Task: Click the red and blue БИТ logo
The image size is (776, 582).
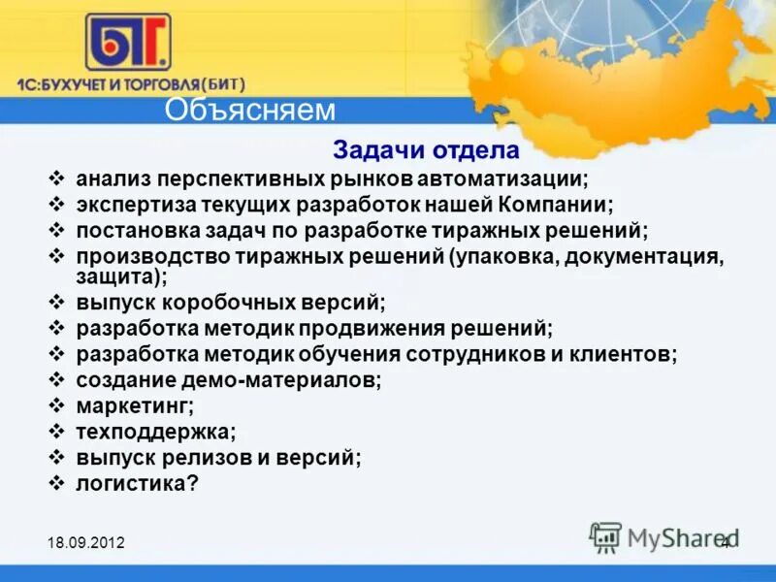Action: [x=127, y=42]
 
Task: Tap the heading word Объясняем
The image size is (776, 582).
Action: [x=250, y=110]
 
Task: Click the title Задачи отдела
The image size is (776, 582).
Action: [x=427, y=151]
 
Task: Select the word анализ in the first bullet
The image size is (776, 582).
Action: [x=114, y=179]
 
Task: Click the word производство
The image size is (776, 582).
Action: [x=151, y=256]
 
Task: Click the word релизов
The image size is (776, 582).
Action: [x=199, y=456]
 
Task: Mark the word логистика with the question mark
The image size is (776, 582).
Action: [x=137, y=482]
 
